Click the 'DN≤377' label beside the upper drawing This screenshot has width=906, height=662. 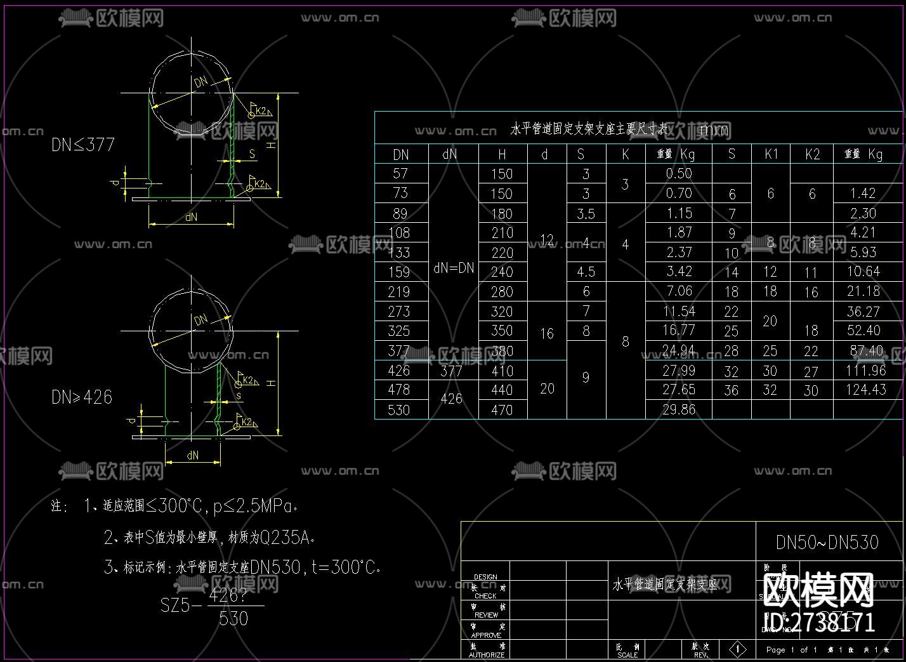pyautogui.click(x=83, y=145)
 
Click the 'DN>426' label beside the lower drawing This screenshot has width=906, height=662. pyautogui.click(x=82, y=397)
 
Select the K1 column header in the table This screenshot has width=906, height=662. pyautogui.click(x=771, y=154)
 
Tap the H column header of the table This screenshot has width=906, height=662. pyautogui.click(x=502, y=154)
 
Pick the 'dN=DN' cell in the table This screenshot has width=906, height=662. pyautogui.click(x=454, y=268)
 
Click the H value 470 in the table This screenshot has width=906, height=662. pyautogui.click(x=502, y=410)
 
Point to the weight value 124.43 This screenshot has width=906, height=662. pyautogui.click(x=866, y=390)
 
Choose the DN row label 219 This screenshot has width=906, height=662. pyautogui.click(x=399, y=292)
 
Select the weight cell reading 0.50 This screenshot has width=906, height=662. pyautogui.click(x=679, y=173)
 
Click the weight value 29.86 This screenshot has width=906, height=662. pyautogui.click(x=679, y=410)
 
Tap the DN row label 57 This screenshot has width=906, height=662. pyautogui.click(x=400, y=173)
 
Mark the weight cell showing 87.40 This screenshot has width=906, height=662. pyautogui.click(x=867, y=350)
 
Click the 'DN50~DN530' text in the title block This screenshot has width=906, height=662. pyautogui.click(x=827, y=542)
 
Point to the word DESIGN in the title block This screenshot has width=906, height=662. pyautogui.click(x=485, y=577)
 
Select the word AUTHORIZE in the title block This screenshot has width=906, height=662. pyautogui.click(x=487, y=654)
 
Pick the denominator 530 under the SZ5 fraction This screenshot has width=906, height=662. pyautogui.click(x=233, y=618)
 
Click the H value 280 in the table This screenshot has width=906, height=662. pyautogui.click(x=502, y=292)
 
